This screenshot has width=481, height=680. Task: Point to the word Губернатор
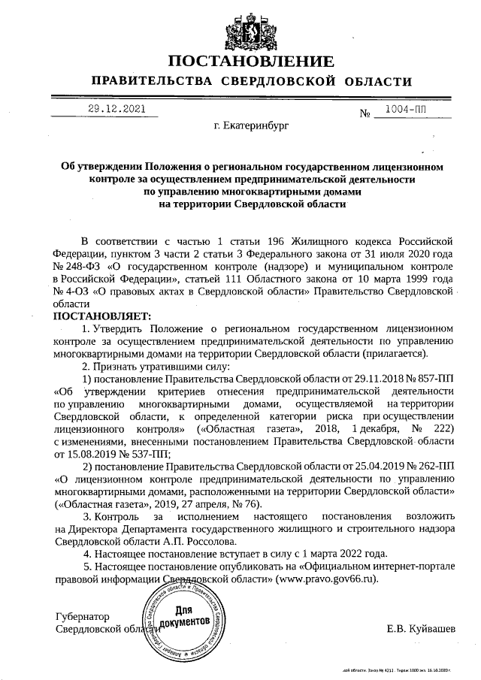coord(83,615)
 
